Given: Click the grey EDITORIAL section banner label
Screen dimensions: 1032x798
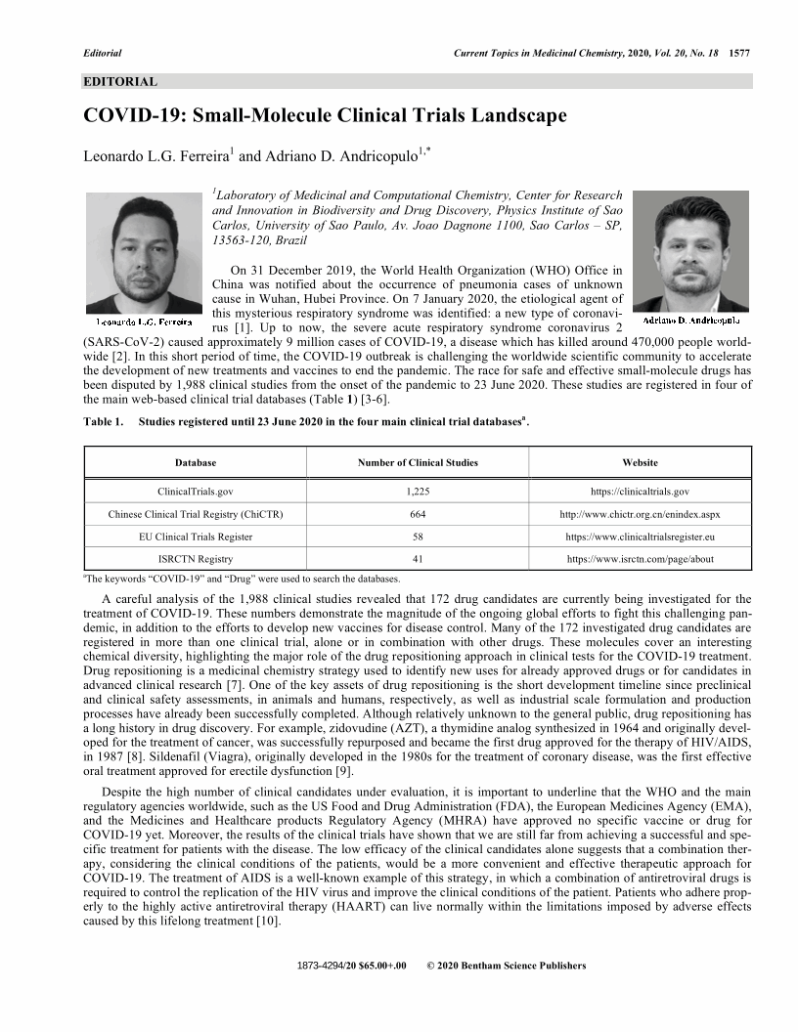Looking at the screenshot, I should (120, 81).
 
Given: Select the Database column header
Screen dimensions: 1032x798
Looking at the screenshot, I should (196, 462).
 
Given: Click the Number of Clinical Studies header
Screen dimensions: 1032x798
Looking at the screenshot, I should (418, 462).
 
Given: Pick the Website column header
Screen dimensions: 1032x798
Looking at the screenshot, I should (641, 462).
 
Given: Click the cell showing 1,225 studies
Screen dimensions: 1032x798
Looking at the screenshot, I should (418, 492).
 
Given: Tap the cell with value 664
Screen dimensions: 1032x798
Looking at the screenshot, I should (418, 514).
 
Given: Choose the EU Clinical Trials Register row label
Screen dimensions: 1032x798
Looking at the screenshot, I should (196, 537).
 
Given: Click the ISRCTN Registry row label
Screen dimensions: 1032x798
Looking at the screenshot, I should (196, 559).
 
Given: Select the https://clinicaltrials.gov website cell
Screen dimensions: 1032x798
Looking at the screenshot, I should (641, 492).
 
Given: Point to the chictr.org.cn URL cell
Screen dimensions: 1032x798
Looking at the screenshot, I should (641, 514).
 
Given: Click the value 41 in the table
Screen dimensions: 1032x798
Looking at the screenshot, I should (418, 559).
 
